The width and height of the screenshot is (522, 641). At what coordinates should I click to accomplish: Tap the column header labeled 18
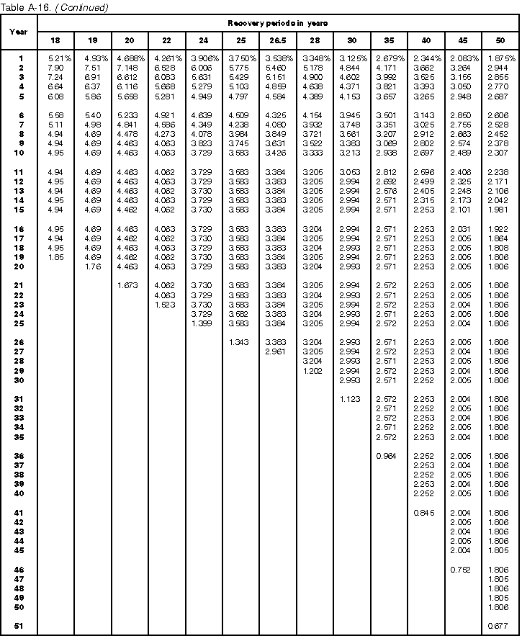pos(56,40)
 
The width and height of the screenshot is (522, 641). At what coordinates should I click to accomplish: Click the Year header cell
pos(19,32)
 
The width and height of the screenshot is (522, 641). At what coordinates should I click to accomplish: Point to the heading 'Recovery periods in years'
pos(278,23)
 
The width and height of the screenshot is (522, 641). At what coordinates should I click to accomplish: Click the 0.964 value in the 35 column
pos(387,456)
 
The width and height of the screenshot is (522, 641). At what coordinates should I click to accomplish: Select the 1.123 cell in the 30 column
pos(351,398)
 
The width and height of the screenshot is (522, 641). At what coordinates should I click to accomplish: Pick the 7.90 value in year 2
pos(56,67)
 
